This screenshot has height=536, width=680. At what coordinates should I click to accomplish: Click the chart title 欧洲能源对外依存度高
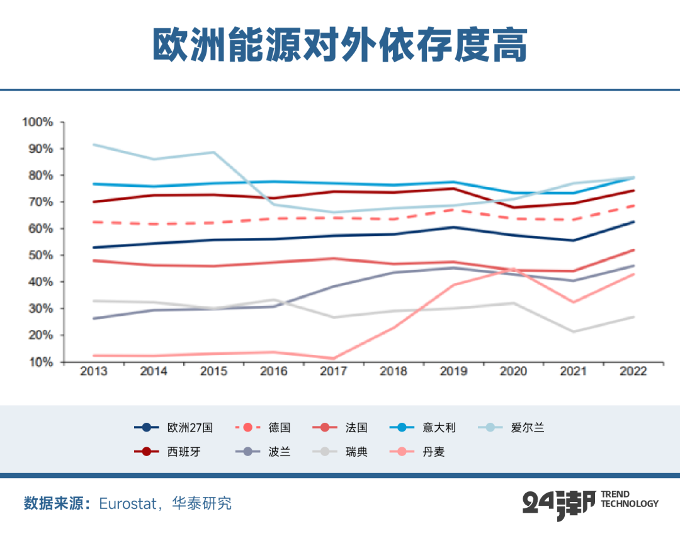click(339, 45)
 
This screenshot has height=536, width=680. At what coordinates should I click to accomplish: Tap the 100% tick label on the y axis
click(38, 121)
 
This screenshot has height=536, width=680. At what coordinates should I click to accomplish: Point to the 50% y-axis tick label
click(40, 255)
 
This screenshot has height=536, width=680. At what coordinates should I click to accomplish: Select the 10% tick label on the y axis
click(40, 362)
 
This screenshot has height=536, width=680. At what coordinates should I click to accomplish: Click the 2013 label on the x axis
click(93, 371)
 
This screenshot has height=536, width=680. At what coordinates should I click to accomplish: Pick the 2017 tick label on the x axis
click(333, 371)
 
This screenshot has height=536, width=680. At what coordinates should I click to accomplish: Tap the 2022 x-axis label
click(633, 371)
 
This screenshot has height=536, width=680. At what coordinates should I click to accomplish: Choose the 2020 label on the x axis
click(513, 371)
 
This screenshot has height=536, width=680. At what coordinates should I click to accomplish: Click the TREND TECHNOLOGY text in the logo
click(630, 499)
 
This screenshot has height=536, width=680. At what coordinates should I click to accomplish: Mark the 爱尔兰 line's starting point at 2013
click(93, 144)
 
